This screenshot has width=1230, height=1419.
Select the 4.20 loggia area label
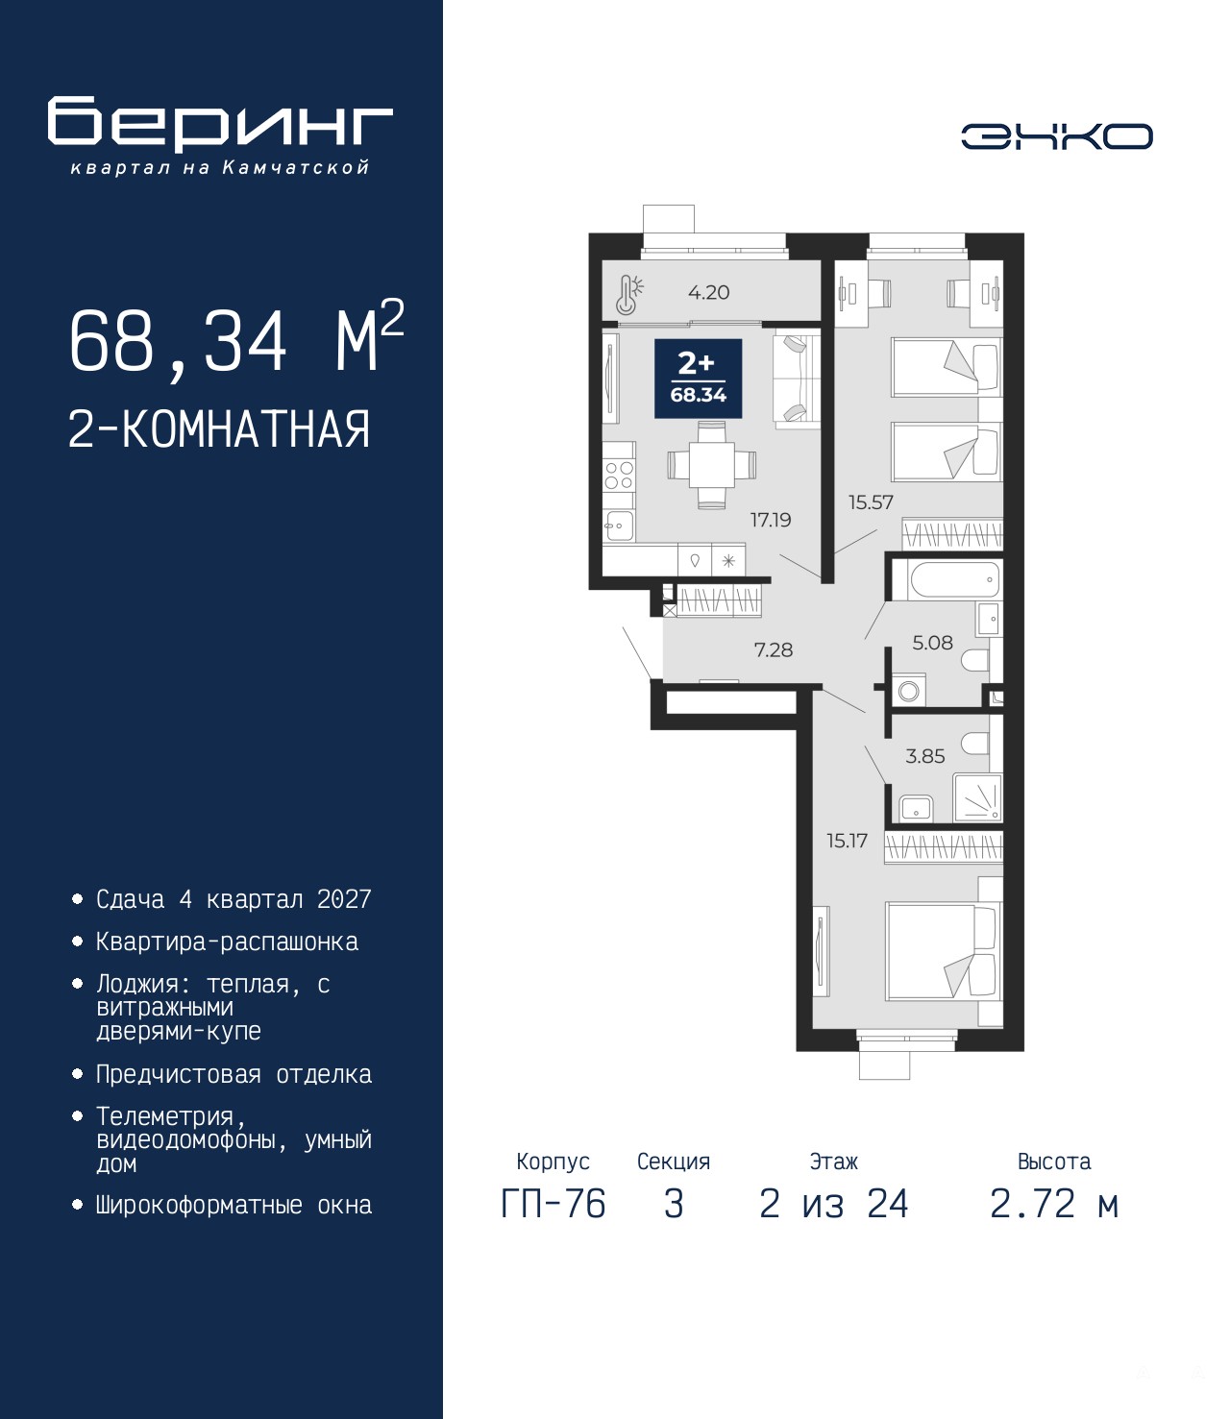[709, 292]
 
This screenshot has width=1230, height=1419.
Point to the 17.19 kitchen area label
[771, 520]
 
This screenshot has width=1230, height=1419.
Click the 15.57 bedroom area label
[871, 502]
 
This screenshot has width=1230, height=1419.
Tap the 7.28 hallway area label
[774, 649]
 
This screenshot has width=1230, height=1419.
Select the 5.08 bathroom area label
[932, 643]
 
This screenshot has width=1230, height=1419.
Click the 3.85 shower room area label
[925, 756]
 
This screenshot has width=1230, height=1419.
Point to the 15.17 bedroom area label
[847, 841]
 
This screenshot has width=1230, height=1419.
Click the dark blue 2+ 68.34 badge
[698, 379]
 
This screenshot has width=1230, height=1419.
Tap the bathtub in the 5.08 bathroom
[955, 581]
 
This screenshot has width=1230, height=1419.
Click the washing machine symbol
[909, 690]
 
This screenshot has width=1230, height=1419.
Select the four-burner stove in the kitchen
[619, 475]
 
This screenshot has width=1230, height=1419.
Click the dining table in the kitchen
[711, 465]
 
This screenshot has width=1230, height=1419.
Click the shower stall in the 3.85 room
[976, 797]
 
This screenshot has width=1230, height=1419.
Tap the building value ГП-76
[553, 1204]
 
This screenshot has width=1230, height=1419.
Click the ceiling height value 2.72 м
[1054, 1204]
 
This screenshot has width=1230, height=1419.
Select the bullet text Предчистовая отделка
[234, 1074]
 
